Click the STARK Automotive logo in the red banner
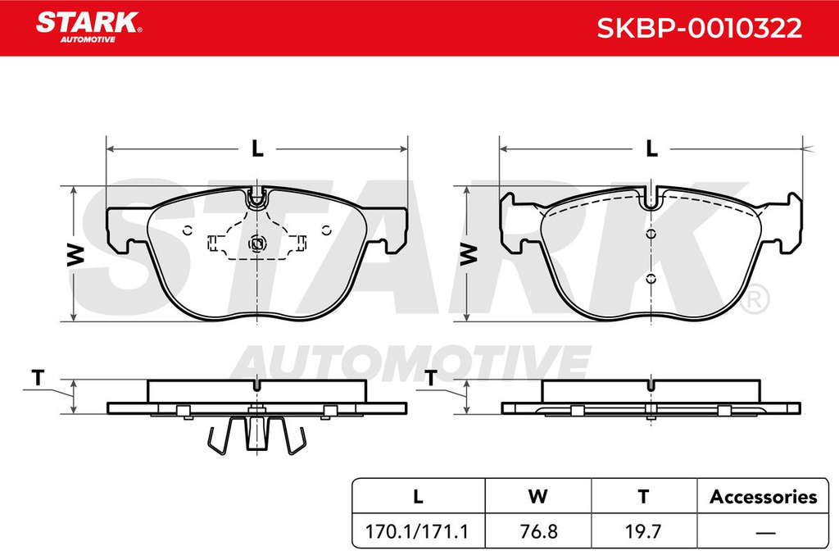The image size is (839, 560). [x=88, y=27]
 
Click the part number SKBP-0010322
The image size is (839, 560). [x=700, y=28]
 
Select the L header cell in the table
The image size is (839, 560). [x=419, y=496]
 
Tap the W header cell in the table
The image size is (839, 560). [x=537, y=496]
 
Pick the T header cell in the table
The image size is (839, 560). [x=644, y=496]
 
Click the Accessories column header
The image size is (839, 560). [x=764, y=497]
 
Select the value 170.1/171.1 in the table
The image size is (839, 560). [x=416, y=531]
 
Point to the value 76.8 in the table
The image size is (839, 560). [x=538, y=531]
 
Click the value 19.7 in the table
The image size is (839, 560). [x=643, y=531]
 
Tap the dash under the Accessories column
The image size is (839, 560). [x=766, y=533]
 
